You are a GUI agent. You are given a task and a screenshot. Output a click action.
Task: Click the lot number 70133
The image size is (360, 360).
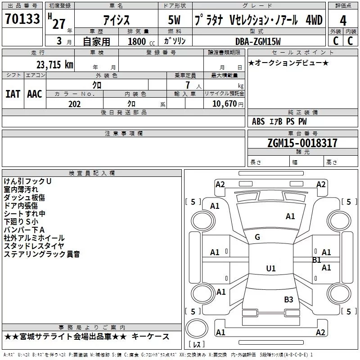pyautogui.click(x=22, y=19)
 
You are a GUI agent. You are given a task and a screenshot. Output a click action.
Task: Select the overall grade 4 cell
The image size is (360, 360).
pyautogui.click(x=343, y=21)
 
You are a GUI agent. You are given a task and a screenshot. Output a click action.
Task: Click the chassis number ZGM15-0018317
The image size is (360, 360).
pyautogui.click(x=302, y=143)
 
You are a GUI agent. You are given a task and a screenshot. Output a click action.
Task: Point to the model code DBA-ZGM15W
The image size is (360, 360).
pyautogui.click(x=258, y=41)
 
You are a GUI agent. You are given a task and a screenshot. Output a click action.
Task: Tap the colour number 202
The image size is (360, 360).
pyautogui.click(x=74, y=104)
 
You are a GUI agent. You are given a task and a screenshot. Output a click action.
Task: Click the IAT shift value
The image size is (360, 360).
pyautogui.click(x=13, y=94)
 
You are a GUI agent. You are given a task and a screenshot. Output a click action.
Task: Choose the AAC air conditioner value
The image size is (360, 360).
pyautogui.click(x=35, y=94)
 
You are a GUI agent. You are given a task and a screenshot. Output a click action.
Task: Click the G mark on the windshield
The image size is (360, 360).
pyautogui.click(x=257, y=237)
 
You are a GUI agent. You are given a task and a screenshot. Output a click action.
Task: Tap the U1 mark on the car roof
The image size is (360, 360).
pyautogui.click(x=270, y=269)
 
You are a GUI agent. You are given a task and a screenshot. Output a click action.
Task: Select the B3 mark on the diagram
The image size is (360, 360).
pyautogui.click(x=288, y=299)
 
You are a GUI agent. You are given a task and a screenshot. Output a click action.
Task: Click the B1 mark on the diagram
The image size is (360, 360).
pyautogui.click(x=316, y=260)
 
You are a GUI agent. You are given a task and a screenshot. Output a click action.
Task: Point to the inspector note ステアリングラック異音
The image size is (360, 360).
pyautogui.click(x=42, y=254)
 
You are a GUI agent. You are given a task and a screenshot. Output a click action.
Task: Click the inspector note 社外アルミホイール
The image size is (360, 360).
pyautogui.click(x=34, y=238)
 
